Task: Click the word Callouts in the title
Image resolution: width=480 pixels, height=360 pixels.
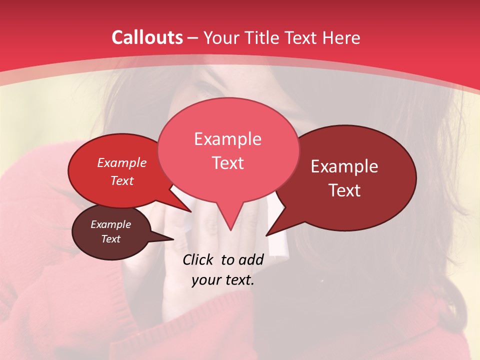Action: (147, 37)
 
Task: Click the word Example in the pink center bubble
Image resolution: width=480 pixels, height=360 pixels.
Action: (227, 139)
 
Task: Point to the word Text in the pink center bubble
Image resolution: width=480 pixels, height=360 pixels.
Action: (227, 163)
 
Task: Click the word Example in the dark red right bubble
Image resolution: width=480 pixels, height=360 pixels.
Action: (344, 166)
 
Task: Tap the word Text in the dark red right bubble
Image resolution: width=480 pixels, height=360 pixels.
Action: (344, 190)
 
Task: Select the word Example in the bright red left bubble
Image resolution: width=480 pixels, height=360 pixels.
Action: (122, 163)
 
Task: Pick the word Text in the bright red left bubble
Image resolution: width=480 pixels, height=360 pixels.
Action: (122, 181)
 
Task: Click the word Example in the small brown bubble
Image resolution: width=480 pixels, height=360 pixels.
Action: (110, 224)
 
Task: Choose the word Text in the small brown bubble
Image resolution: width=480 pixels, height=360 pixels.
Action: (110, 239)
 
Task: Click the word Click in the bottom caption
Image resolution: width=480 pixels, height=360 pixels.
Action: (199, 259)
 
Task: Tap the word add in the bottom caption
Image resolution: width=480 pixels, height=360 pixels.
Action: (251, 259)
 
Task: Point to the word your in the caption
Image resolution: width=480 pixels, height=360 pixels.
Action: (206, 280)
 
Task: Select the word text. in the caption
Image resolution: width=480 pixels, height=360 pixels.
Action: (238, 280)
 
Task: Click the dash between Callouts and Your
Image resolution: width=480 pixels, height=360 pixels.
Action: (193, 38)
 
